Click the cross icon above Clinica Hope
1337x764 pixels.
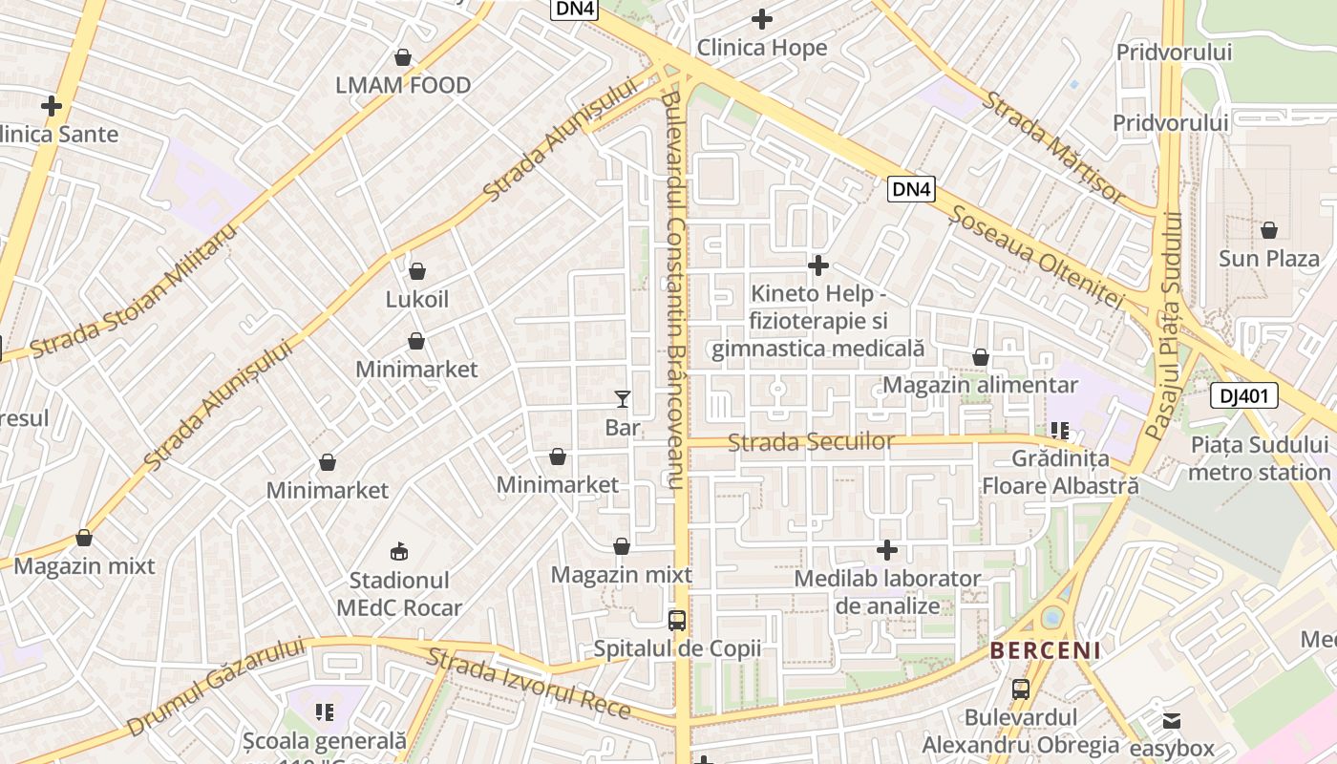761,18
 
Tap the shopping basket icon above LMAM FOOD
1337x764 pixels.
403,57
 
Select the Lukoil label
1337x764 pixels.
416,299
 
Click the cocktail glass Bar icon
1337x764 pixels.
623,398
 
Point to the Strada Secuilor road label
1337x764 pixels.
811,441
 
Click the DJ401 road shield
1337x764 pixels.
1243,395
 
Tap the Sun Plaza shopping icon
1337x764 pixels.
1268,230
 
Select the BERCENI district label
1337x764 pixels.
1045,651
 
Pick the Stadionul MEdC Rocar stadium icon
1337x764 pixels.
399,551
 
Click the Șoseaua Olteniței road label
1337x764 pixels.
1037,256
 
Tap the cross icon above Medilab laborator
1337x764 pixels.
887,550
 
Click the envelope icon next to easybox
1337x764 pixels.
1172,720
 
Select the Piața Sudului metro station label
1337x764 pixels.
1260,457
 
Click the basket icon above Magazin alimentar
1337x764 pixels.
980,357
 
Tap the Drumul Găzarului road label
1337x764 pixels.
215,687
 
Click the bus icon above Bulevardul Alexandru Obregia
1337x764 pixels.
1020,689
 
